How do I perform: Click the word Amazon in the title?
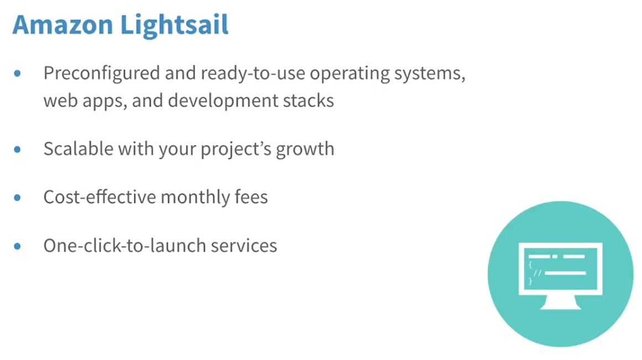[62, 24]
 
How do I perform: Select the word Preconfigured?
[102, 74]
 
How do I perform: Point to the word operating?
[349, 74]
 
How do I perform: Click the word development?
[223, 101]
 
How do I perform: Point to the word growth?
[305, 149]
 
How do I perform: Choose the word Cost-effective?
[100, 197]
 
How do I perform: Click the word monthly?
[195, 197]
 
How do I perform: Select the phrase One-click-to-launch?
[125, 246]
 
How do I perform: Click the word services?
[244, 246]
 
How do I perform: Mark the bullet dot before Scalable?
[17, 149]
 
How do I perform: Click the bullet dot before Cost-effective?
[17, 198]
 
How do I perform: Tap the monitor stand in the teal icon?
[561, 302]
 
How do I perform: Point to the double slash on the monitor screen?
[537, 273]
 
